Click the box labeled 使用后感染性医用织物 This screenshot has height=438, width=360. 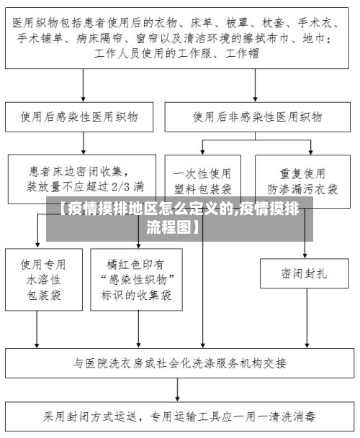tap(84, 116)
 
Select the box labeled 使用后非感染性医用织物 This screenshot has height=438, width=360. tap(258, 116)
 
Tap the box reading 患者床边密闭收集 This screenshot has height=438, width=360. tap(84, 178)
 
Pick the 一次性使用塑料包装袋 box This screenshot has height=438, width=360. tap(202, 180)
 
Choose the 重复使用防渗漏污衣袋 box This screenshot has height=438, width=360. tap(302, 180)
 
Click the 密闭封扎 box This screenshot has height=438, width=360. tap(304, 273)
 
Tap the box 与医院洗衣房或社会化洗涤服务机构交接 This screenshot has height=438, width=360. tap(180, 361)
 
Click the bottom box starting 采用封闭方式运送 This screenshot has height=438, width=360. tap(180, 416)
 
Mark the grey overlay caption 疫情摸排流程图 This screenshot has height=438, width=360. tap(179, 219)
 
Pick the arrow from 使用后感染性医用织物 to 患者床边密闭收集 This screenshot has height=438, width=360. tap(84, 142)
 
